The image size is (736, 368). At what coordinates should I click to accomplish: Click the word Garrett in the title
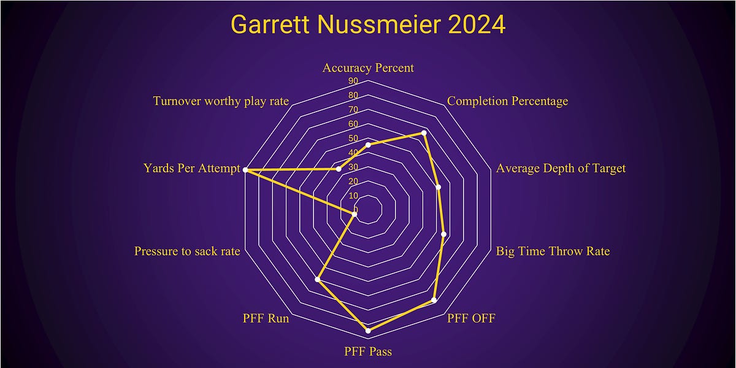tap(270, 25)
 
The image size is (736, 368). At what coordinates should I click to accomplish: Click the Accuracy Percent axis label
tap(368, 67)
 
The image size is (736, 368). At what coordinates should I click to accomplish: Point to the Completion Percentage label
tap(507, 101)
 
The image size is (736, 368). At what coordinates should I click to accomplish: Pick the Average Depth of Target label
tap(561, 168)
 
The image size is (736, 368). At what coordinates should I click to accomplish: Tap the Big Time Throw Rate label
tap(553, 251)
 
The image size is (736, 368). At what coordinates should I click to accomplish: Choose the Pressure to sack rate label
tap(187, 251)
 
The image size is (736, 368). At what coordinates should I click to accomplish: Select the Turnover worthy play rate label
tap(221, 101)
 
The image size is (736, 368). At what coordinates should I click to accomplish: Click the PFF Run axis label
tap(266, 318)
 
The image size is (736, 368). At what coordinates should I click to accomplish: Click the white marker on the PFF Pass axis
tap(368, 331)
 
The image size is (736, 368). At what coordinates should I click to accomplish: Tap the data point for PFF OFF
tap(434, 301)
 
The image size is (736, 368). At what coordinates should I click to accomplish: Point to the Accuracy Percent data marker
tap(368, 145)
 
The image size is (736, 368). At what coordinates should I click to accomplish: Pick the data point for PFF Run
tap(318, 280)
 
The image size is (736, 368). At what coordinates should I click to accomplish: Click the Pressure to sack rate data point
tap(354, 213)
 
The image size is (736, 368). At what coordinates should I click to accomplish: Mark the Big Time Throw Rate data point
tap(444, 234)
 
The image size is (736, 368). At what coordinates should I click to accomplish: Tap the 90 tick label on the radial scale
tap(353, 81)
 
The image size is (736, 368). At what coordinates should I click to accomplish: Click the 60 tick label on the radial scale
tap(353, 124)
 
